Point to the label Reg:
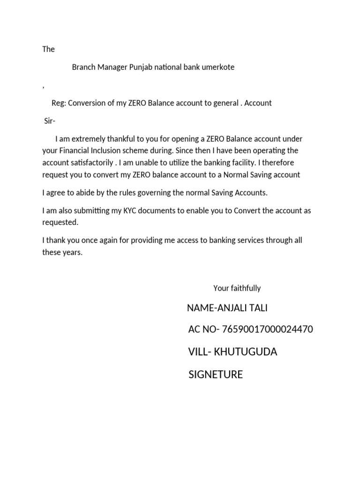pos(59,103)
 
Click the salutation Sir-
pos(50,121)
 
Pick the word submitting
pos(93,210)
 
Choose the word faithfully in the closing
pos(245,288)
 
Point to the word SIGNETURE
pos(216,375)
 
